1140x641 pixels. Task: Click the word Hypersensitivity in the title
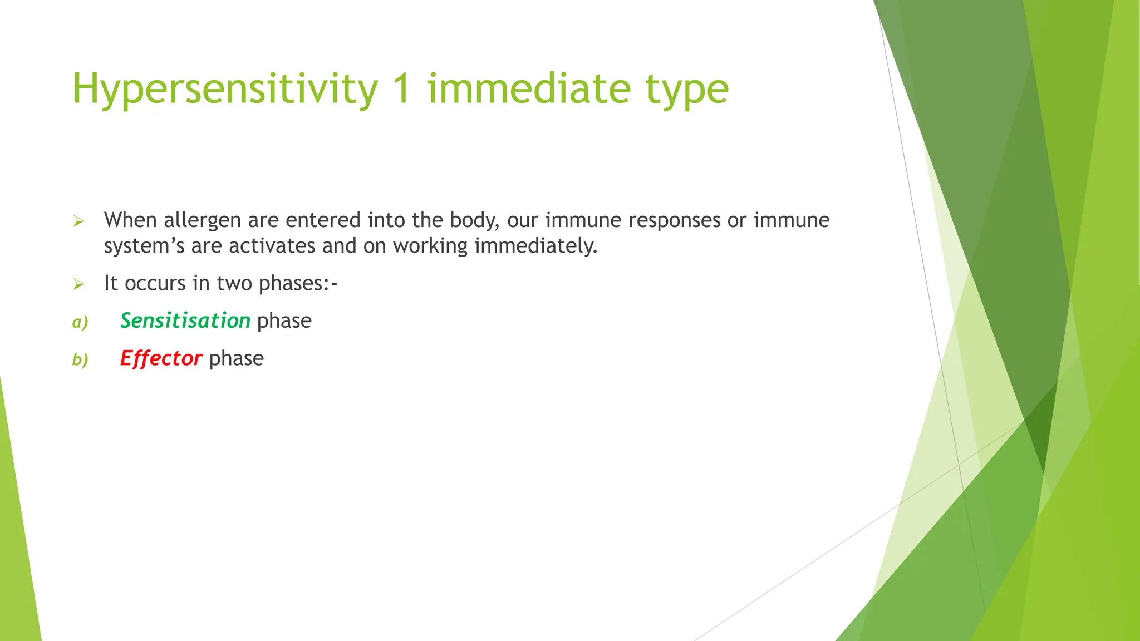pos(225,89)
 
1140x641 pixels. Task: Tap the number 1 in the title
pos(402,89)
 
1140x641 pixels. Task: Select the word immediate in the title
pos(529,89)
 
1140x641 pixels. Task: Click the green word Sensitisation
pos(185,321)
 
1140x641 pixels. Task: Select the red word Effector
pos(161,358)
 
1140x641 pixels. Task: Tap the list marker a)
pos(80,322)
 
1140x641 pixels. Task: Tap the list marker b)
pos(80,360)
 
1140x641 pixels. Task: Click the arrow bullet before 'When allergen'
pos(78,221)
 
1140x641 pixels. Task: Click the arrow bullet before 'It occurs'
pos(78,285)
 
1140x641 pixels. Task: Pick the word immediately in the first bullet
pos(535,246)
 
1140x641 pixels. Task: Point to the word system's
pos(144,246)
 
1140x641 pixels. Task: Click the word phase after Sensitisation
pos(284,321)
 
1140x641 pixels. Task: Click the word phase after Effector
pos(236,358)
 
